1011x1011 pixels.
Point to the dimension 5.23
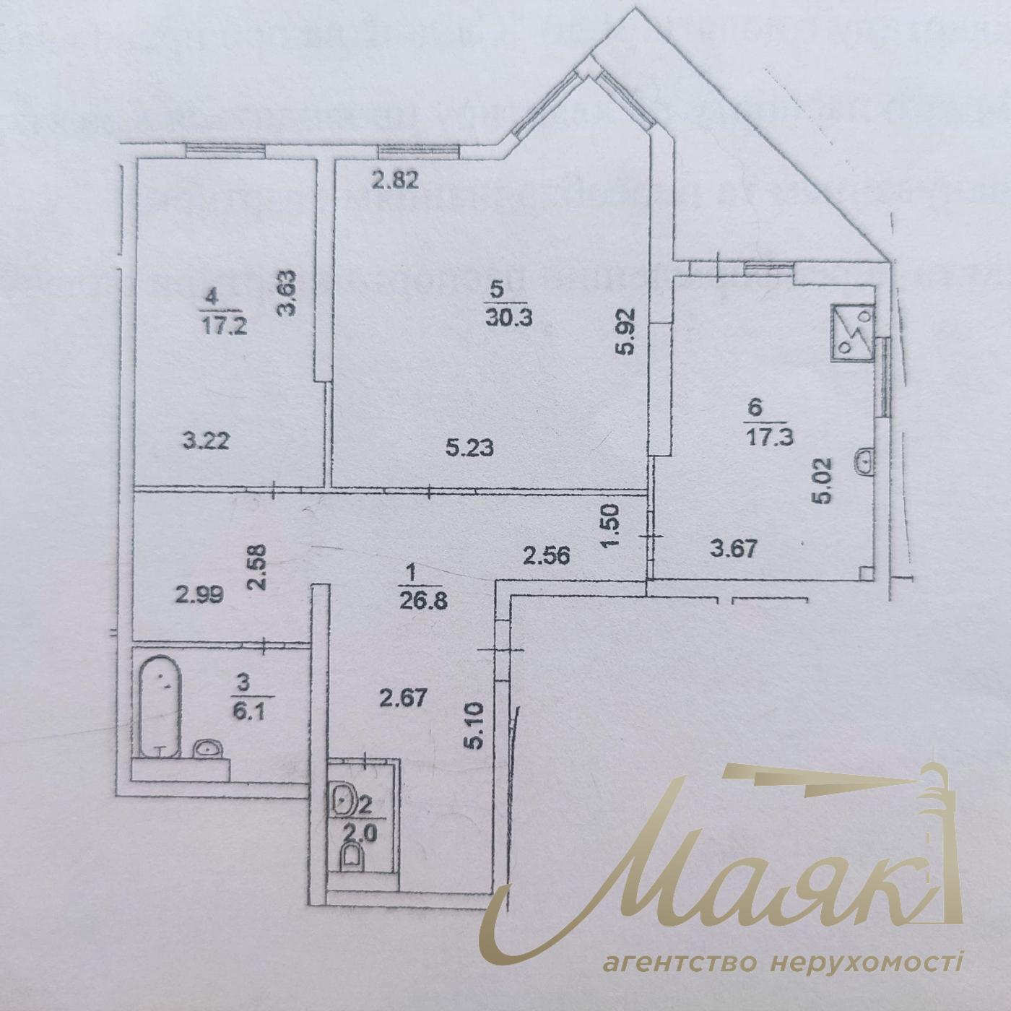[469, 448]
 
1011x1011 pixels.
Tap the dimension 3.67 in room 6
[734, 550]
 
